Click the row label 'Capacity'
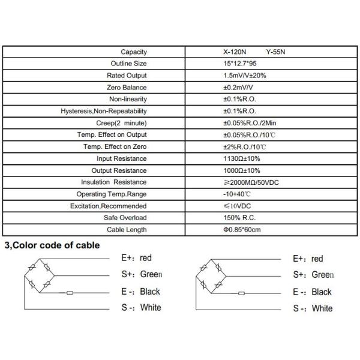(x=134, y=52)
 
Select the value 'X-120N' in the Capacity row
(x=234, y=52)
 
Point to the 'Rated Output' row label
(x=127, y=76)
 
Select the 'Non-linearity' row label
(x=128, y=99)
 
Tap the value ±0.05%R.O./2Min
(x=250, y=123)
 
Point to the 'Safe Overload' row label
(x=126, y=218)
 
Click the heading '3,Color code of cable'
(x=52, y=245)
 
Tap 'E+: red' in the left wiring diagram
(x=137, y=259)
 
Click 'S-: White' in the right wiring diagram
(x=313, y=309)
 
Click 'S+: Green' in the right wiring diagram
(x=313, y=275)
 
